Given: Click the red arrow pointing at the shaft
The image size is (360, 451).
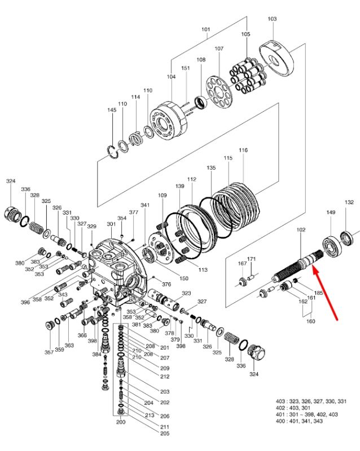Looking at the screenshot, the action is [x=325, y=294].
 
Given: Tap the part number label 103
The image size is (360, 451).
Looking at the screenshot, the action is [x=272, y=19].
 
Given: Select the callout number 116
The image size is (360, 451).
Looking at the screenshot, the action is [x=243, y=150].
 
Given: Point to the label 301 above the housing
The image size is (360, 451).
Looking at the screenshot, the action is [x=111, y=224].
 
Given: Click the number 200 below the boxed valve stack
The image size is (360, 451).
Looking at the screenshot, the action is [x=121, y=422].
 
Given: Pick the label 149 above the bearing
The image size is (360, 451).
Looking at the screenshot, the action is [x=331, y=213].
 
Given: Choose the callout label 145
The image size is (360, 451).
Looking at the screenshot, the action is [x=112, y=110].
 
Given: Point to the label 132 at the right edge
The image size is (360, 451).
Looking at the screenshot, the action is [x=349, y=202].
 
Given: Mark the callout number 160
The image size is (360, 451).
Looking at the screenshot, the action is [x=310, y=321].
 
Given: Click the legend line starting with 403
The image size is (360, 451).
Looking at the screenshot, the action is [x=311, y=401].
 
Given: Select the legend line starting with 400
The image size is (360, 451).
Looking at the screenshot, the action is [x=299, y=421].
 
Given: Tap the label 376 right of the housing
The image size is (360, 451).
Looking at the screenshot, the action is [x=166, y=284].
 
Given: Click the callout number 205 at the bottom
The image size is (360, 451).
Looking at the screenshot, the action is [x=164, y=434].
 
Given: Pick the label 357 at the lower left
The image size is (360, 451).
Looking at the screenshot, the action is [x=49, y=352].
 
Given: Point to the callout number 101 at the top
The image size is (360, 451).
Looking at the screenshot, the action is [x=205, y=29].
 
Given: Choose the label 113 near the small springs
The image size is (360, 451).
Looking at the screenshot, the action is [x=203, y=270].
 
